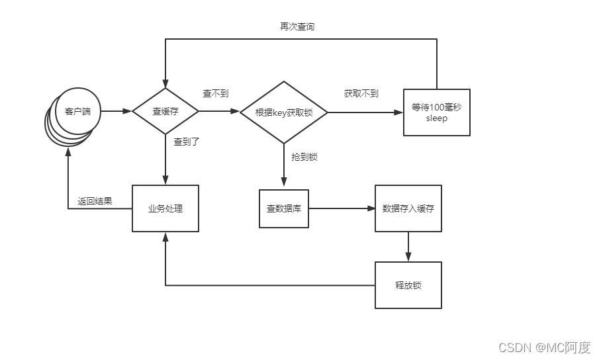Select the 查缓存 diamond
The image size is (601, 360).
coord(165,111)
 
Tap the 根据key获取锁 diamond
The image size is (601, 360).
coord(284,112)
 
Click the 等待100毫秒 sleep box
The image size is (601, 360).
coord(437,112)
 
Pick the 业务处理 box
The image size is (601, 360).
coord(165,208)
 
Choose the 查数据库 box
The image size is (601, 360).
coord(284,208)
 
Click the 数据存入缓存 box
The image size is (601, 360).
coord(408,208)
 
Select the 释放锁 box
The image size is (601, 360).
coord(408,285)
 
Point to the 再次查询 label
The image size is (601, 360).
coord(297,27)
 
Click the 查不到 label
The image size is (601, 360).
coord(216,94)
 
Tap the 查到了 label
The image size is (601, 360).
coord(187,142)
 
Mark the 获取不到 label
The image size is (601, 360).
coord(361,94)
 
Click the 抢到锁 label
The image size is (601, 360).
coord(304,157)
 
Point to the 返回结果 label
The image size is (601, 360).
coord(95,201)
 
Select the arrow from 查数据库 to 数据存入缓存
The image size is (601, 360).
coord(342,208)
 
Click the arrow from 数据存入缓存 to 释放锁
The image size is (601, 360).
coord(408,247)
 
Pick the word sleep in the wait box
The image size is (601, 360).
coord(437,119)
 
